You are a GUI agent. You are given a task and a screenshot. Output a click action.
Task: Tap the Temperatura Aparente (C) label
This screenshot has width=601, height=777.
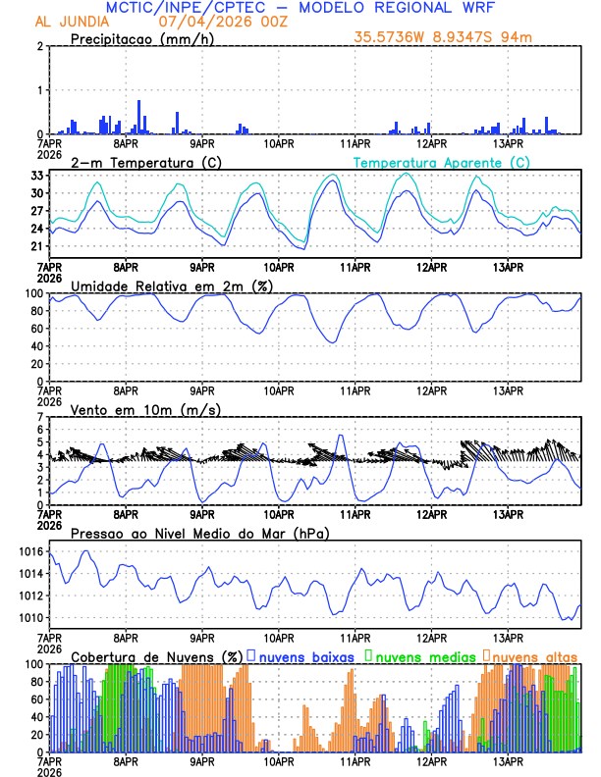(x=441, y=162)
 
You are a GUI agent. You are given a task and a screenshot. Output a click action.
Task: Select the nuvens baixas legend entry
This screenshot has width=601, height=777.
(x=303, y=655)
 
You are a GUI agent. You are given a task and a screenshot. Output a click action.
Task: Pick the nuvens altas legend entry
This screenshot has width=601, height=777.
(x=533, y=655)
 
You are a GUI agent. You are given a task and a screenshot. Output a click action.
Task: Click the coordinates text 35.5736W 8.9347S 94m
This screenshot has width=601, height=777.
(x=458, y=38)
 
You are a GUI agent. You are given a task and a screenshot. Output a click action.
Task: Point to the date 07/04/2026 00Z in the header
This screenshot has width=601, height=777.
(x=210, y=21)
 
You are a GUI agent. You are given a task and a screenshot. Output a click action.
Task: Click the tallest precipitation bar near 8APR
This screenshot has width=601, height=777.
(x=138, y=116)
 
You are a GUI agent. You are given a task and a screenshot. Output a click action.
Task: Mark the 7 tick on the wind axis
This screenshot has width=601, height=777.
(x=41, y=418)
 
